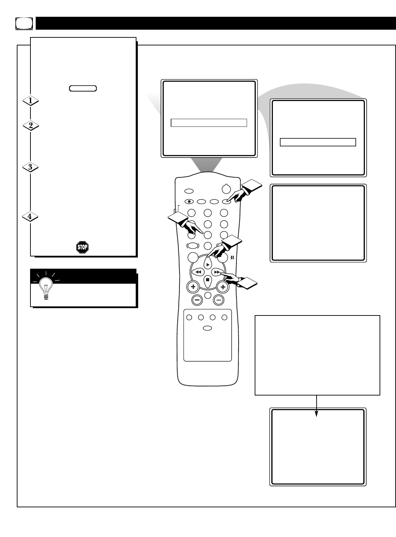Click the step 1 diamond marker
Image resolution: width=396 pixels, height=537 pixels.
pos(30,101)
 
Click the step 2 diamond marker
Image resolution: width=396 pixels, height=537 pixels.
pos(30,126)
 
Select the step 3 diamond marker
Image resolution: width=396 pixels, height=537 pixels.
pos(30,167)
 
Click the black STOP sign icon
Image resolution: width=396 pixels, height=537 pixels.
pos(82,247)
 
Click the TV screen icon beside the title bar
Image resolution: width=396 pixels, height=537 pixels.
pos(24,23)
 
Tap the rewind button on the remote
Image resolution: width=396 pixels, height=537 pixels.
pos(198,271)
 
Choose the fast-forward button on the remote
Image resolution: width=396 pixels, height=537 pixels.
pos(217,271)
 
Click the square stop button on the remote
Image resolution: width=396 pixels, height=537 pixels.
pos(207,280)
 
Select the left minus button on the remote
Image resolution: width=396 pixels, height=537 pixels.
pos(197,299)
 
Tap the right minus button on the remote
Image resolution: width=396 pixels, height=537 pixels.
pos(219,299)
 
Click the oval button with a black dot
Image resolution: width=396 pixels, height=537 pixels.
pos(189,202)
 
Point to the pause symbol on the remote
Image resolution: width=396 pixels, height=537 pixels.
pos(232,257)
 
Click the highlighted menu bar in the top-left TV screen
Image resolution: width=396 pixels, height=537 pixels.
pos(209,123)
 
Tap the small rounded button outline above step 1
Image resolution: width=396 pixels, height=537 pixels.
pos(83,88)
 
